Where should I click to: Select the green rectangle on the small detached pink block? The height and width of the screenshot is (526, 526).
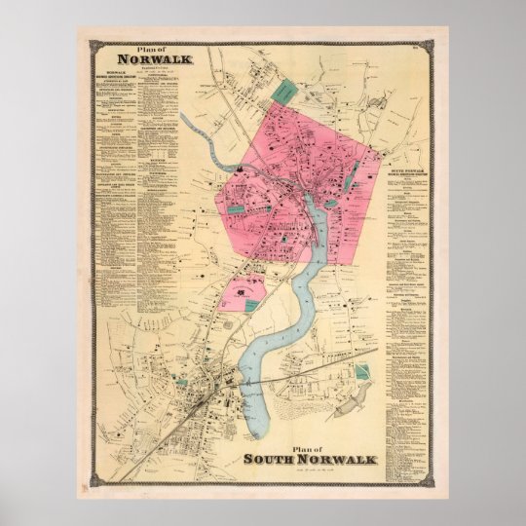click(251, 305)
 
